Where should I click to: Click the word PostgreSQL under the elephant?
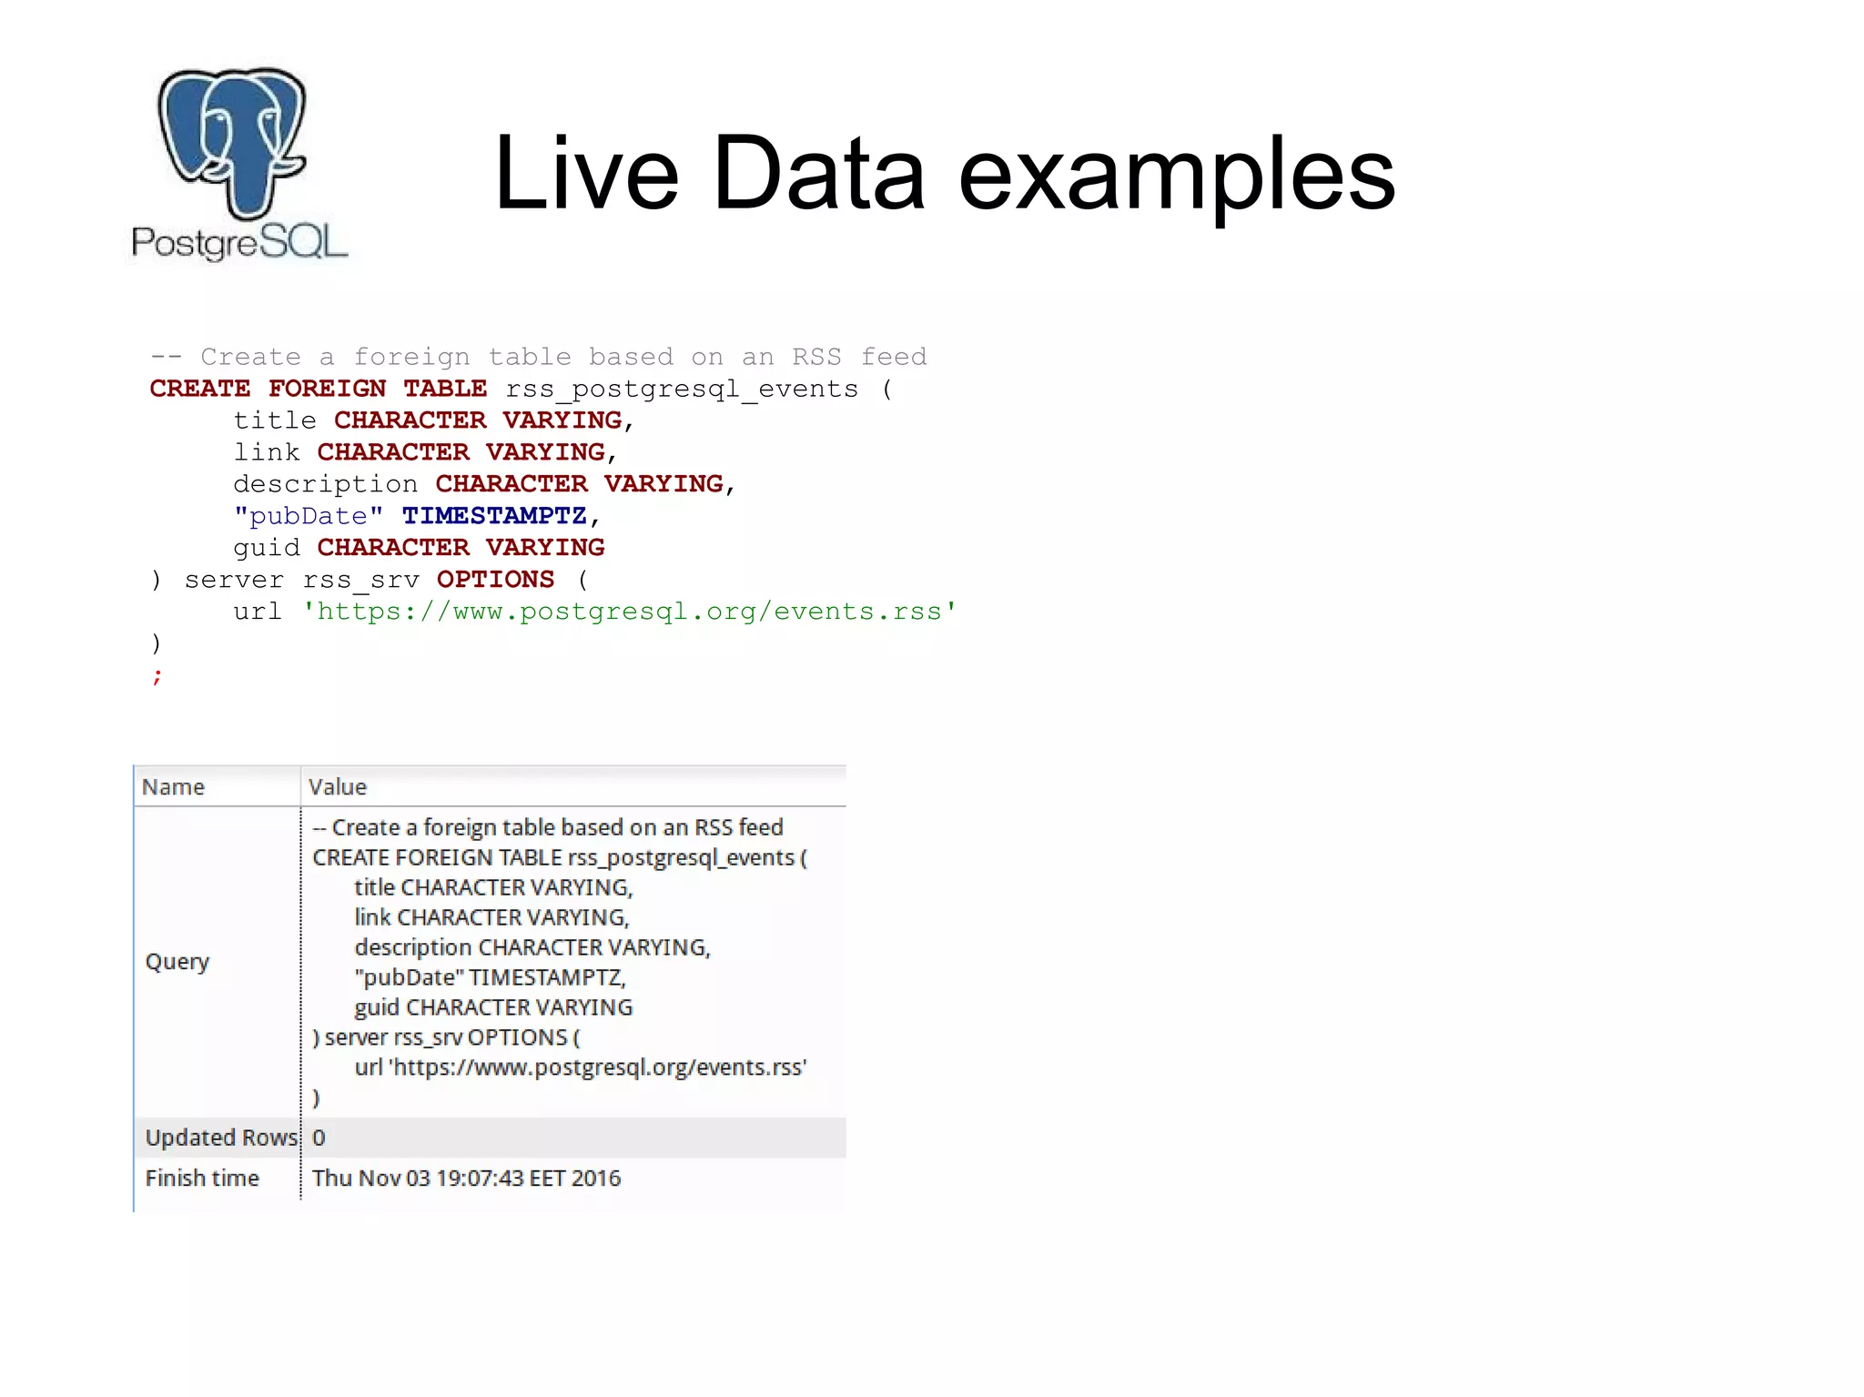pyautogui.click(x=239, y=243)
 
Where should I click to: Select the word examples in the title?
pyautogui.click(x=1176, y=175)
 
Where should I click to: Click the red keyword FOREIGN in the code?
pyautogui.click(x=327, y=389)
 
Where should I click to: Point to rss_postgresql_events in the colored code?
pyautogui.click(x=682, y=390)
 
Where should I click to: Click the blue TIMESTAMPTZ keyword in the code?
pyautogui.click(x=494, y=516)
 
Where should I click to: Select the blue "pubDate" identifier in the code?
pyautogui.click(x=308, y=516)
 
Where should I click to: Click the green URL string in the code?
pyautogui.click(x=629, y=612)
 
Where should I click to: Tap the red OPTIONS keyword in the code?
pyautogui.click(x=495, y=580)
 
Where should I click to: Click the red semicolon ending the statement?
pyautogui.click(x=157, y=675)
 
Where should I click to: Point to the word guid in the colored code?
pyautogui.click(x=266, y=548)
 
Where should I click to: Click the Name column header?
pyautogui.click(x=173, y=787)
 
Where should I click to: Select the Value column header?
pyautogui.click(x=338, y=787)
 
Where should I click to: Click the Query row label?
pyautogui.click(x=177, y=962)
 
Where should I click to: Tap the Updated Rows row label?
pyautogui.click(x=221, y=1138)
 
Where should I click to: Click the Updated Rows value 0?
pyautogui.click(x=319, y=1138)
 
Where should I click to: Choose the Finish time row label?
pyautogui.click(x=202, y=1178)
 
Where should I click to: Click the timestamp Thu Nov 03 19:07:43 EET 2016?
pyautogui.click(x=466, y=1178)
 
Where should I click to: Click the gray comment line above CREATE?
pyautogui.click(x=539, y=357)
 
